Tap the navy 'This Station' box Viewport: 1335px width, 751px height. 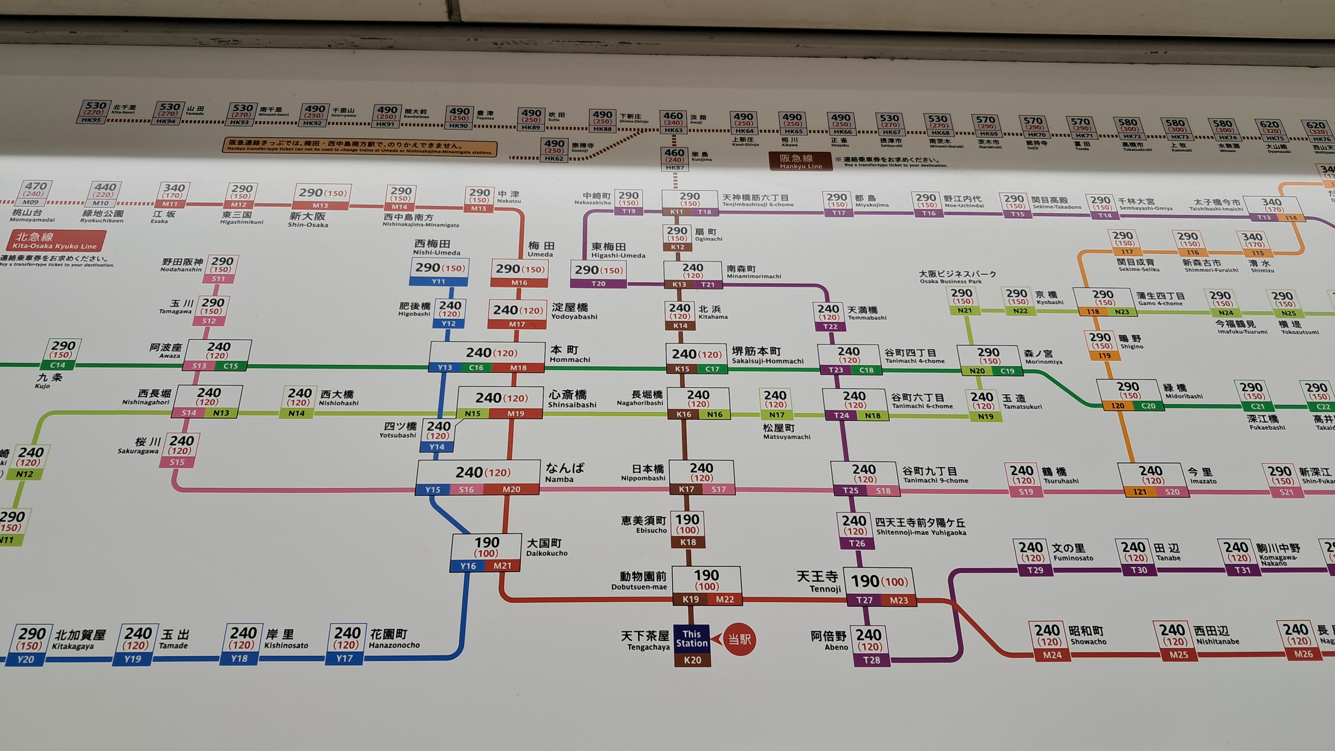pyautogui.click(x=692, y=638)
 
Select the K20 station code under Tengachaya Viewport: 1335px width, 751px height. pyautogui.click(x=692, y=660)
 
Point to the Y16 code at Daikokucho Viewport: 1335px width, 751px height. pyautogui.click(x=468, y=566)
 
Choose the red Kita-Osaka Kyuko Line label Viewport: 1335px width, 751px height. pyautogui.click(x=55, y=241)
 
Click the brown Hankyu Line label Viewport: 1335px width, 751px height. pyautogui.click(x=800, y=161)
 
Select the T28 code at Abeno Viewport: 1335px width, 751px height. pyautogui.click(x=871, y=660)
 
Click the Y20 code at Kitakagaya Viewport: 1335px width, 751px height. pyautogui.click(x=26, y=659)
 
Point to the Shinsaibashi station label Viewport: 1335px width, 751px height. pyautogui.click(x=572, y=399)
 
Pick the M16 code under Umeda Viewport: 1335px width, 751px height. pyautogui.click(x=519, y=282)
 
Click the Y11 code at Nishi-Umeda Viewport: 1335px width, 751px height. pyautogui.click(x=438, y=281)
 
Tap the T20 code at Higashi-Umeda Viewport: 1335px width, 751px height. pyautogui.click(x=598, y=283)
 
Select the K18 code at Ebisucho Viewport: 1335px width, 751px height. pyautogui.click(x=688, y=542)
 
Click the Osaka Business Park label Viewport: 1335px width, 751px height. pyautogui.click(x=957, y=277)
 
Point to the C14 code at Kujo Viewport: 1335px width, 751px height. pyautogui.click(x=58, y=365)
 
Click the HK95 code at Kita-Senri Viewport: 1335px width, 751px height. pyautogui.click(x=91, y=120)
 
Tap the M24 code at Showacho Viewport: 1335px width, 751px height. pyautogui.click(x=1052, y=655)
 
